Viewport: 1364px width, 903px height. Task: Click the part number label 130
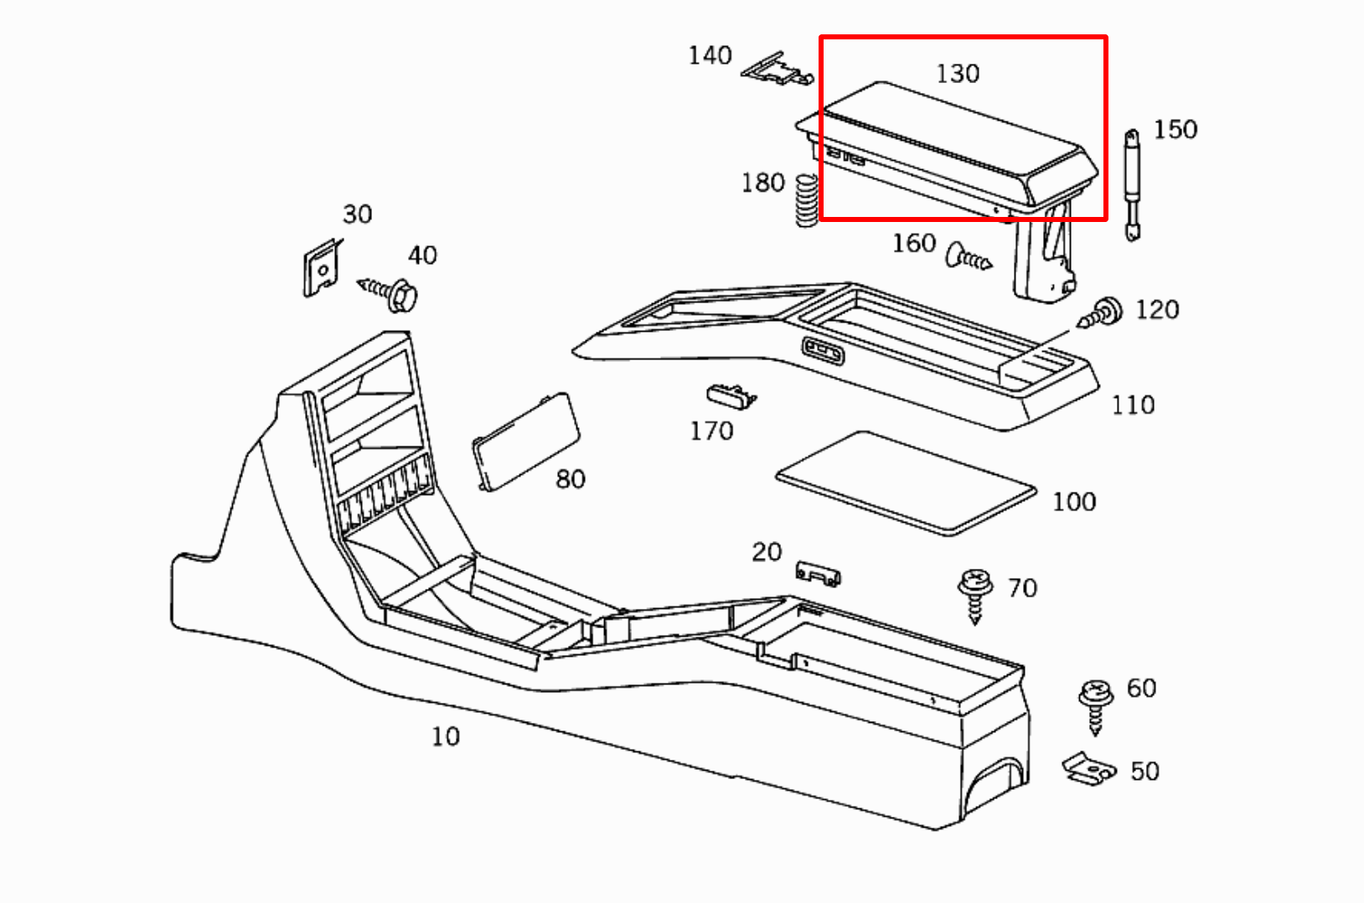point(958,74)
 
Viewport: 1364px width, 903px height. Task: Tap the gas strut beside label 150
point(1132,184)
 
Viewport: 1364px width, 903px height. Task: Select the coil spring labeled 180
point(806,200)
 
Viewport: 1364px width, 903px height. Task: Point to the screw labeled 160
point(968,257)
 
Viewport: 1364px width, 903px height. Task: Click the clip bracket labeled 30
point(322,267)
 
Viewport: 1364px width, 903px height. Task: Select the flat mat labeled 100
point(906,482)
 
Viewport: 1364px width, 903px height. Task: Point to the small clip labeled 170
point(730,395)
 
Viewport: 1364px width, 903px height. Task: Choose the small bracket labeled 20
point(817,574)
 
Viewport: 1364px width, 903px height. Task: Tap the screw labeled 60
point(1094,704)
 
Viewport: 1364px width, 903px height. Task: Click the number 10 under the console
point(445,736)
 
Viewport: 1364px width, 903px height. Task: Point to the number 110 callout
point(1133,405)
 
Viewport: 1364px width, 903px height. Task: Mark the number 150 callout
point(1175,130)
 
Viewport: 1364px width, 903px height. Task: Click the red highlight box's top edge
point(964,37)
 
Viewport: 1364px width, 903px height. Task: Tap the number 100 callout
point(1074,502)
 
